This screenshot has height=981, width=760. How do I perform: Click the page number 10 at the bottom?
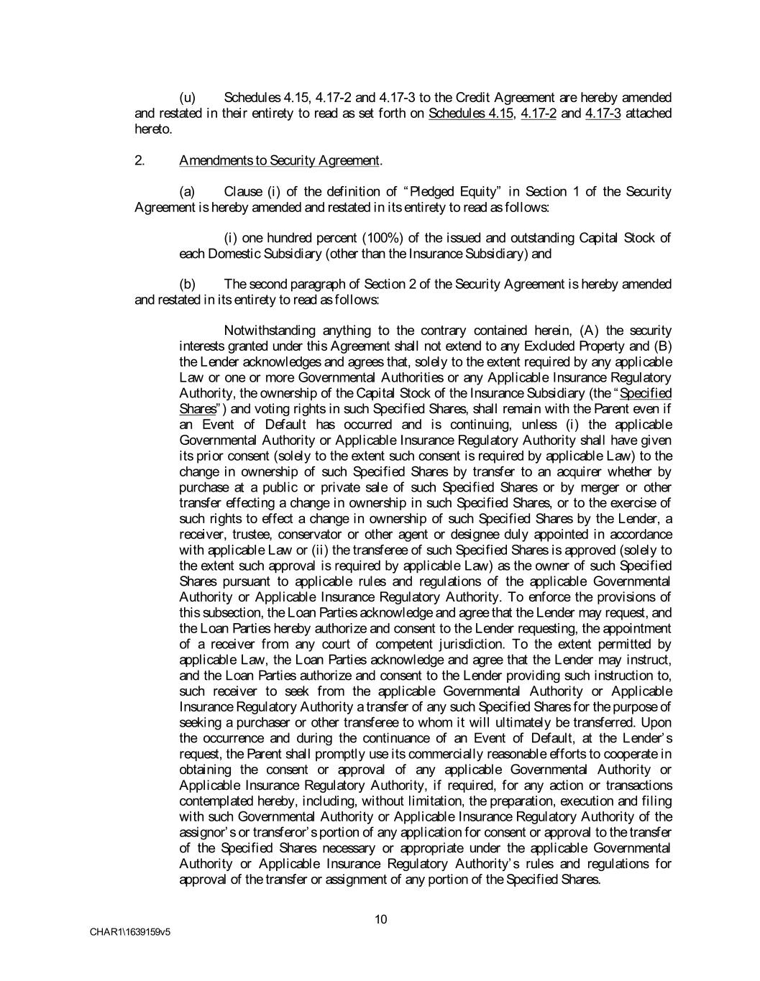coord(381,919)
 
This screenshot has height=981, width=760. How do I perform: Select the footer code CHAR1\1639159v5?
coord(130,932)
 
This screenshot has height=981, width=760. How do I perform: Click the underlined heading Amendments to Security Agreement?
coord(279,160)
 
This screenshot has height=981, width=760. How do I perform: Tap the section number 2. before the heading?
coord(139,160)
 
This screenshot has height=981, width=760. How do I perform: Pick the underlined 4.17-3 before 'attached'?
coord(603,114)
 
